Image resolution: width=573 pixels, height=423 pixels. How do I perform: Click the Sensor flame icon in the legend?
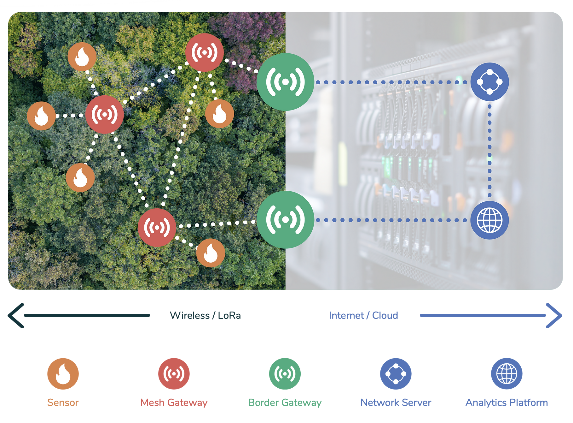coord(63,374)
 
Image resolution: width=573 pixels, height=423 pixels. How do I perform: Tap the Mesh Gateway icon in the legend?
coord(174,374)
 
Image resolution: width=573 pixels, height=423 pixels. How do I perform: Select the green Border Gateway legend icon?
coord(285,374)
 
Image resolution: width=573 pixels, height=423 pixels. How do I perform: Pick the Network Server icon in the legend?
coord(396,374)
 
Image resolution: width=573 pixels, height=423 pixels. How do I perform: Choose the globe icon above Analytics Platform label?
coord(507,374)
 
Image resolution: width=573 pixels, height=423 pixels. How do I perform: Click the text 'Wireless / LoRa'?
coord(205,315)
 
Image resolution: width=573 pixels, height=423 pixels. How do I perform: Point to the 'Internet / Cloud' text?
coord(363,315)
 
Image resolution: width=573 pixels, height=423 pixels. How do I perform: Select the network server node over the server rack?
coord(489,82)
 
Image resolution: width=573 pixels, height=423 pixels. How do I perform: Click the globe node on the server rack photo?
coord(489,220)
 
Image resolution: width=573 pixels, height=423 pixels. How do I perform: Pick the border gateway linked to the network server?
coord(285,82)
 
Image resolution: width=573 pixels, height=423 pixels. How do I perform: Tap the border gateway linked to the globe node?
coord(285,220)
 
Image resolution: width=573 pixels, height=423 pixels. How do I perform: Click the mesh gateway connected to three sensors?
coord(104,115)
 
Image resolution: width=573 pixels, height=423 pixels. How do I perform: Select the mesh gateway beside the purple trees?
coord(204,52)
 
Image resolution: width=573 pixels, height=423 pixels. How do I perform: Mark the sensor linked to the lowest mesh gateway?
coord(211,253)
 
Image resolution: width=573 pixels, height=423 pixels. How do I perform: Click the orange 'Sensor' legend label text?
coord(63,403)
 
